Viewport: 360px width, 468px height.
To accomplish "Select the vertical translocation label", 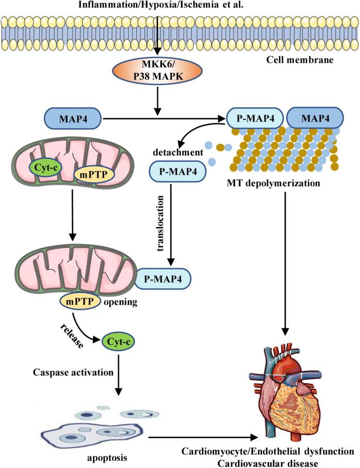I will click(162, 222).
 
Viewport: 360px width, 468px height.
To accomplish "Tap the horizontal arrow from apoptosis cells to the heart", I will click(201, 438).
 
